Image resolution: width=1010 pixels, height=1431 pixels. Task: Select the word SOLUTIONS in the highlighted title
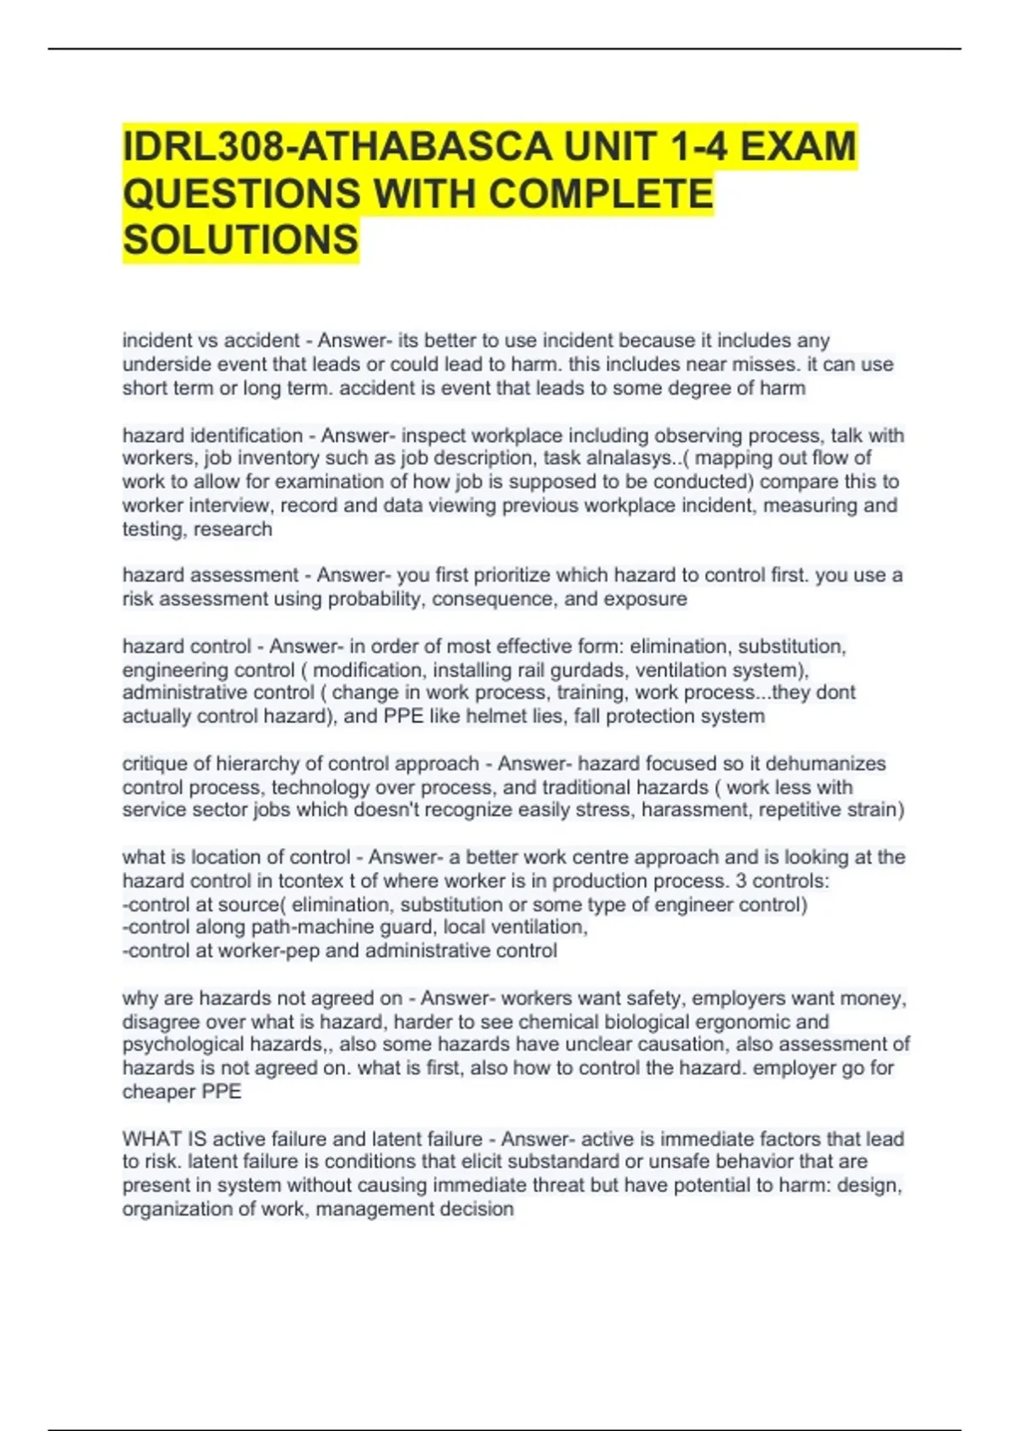coord(241,240)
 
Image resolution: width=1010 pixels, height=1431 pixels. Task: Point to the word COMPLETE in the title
coord(600,194)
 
